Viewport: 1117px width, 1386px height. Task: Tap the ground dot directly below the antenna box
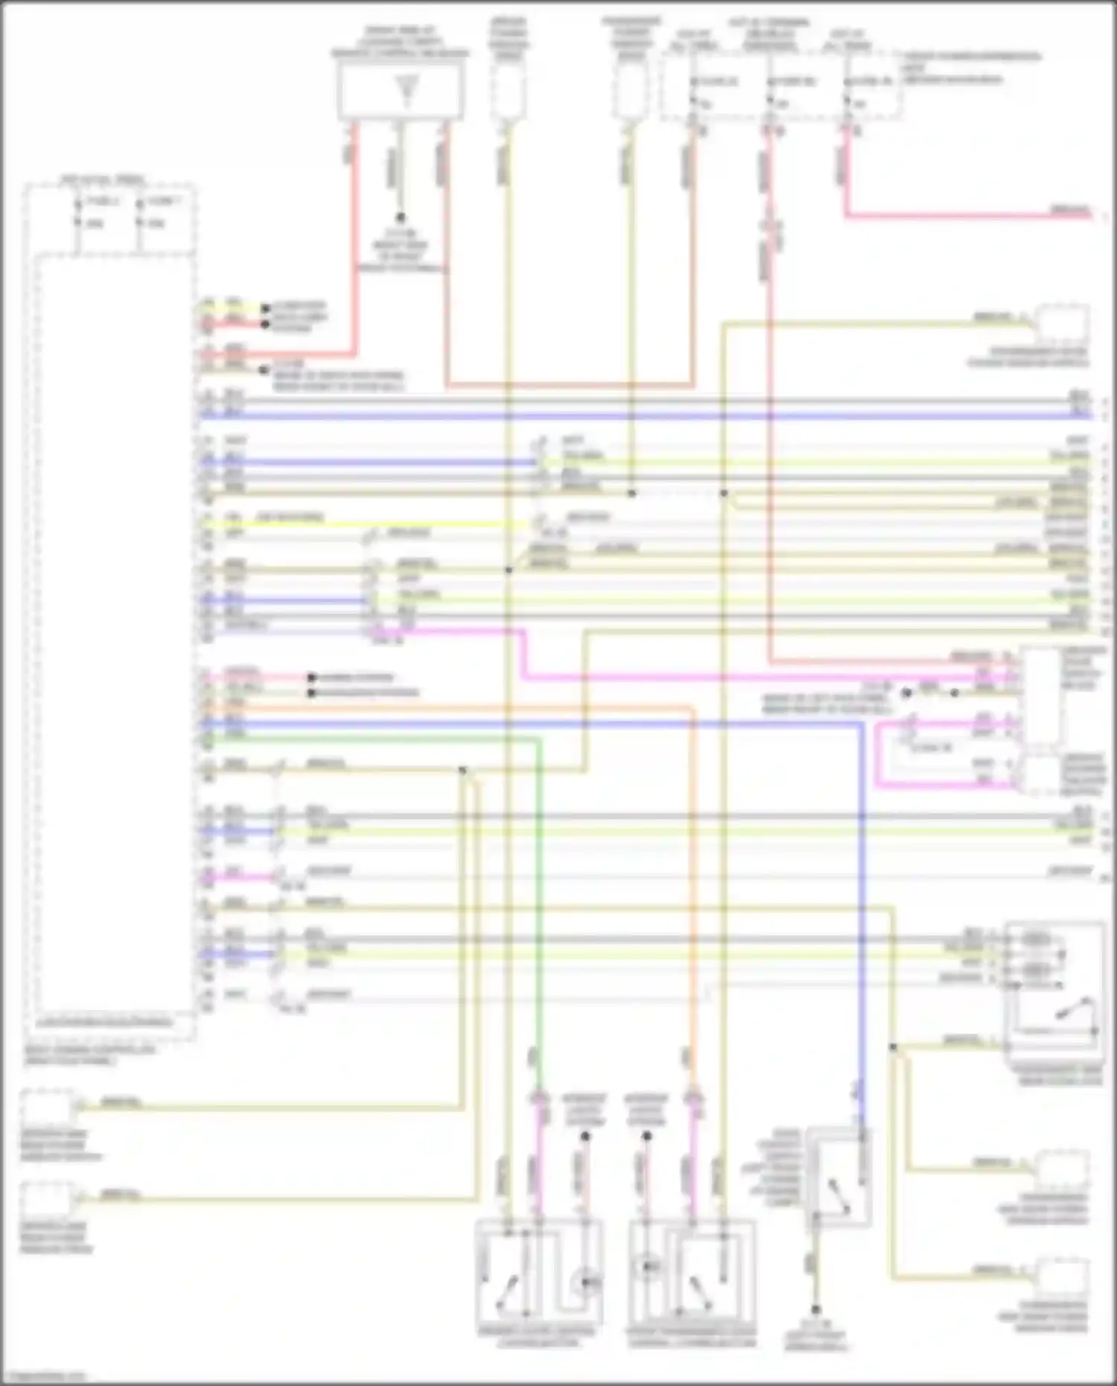[x=401, y=217]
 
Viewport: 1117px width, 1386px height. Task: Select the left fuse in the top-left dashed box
[x=77, y=212]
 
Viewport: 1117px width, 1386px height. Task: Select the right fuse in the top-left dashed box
[x=139, y=212]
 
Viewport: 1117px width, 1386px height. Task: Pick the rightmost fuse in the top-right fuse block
[x=847, y=92]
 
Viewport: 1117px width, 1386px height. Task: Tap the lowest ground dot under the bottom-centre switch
[x=815, y=1309]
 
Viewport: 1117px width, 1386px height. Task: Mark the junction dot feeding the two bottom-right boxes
[x=892, y=1046]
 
